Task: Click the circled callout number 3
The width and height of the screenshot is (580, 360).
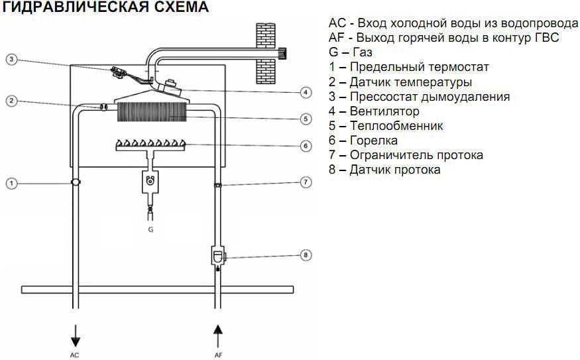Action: [x=11, y=59]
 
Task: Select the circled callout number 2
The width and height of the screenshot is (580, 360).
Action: [x=11, y=101]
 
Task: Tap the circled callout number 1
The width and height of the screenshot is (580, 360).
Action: [x=11, y=183]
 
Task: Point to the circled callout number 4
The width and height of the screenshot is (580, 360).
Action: [x=306, y=92]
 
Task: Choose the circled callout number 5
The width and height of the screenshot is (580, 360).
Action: [x=306, y=119]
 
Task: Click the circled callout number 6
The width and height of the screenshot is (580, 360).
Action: [x=306, y=146]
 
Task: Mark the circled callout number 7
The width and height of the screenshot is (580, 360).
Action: [x=306, y=182]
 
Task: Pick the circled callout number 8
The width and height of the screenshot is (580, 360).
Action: [x=306, y=255]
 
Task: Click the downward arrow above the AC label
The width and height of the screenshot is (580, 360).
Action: [x=76, y=336]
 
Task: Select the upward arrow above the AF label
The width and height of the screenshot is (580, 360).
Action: [x=218, y=336]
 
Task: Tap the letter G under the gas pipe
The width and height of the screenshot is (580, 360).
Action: [x=150, y=229]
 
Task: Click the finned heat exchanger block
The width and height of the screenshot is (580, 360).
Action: [x=152, y=112]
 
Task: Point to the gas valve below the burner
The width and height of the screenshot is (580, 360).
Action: [x=150, y=182]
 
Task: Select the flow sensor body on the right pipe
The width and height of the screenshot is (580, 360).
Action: [x=218, y=256]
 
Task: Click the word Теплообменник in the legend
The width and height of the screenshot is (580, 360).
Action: [x=396, y=126]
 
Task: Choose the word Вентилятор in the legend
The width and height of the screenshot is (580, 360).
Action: [x=384, y=111]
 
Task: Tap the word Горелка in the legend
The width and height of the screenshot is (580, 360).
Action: [x=374, y=141]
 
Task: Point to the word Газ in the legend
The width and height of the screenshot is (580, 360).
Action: [x=363, y=52]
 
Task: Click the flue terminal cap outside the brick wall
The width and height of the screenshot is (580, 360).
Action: [x=282, y=53]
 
